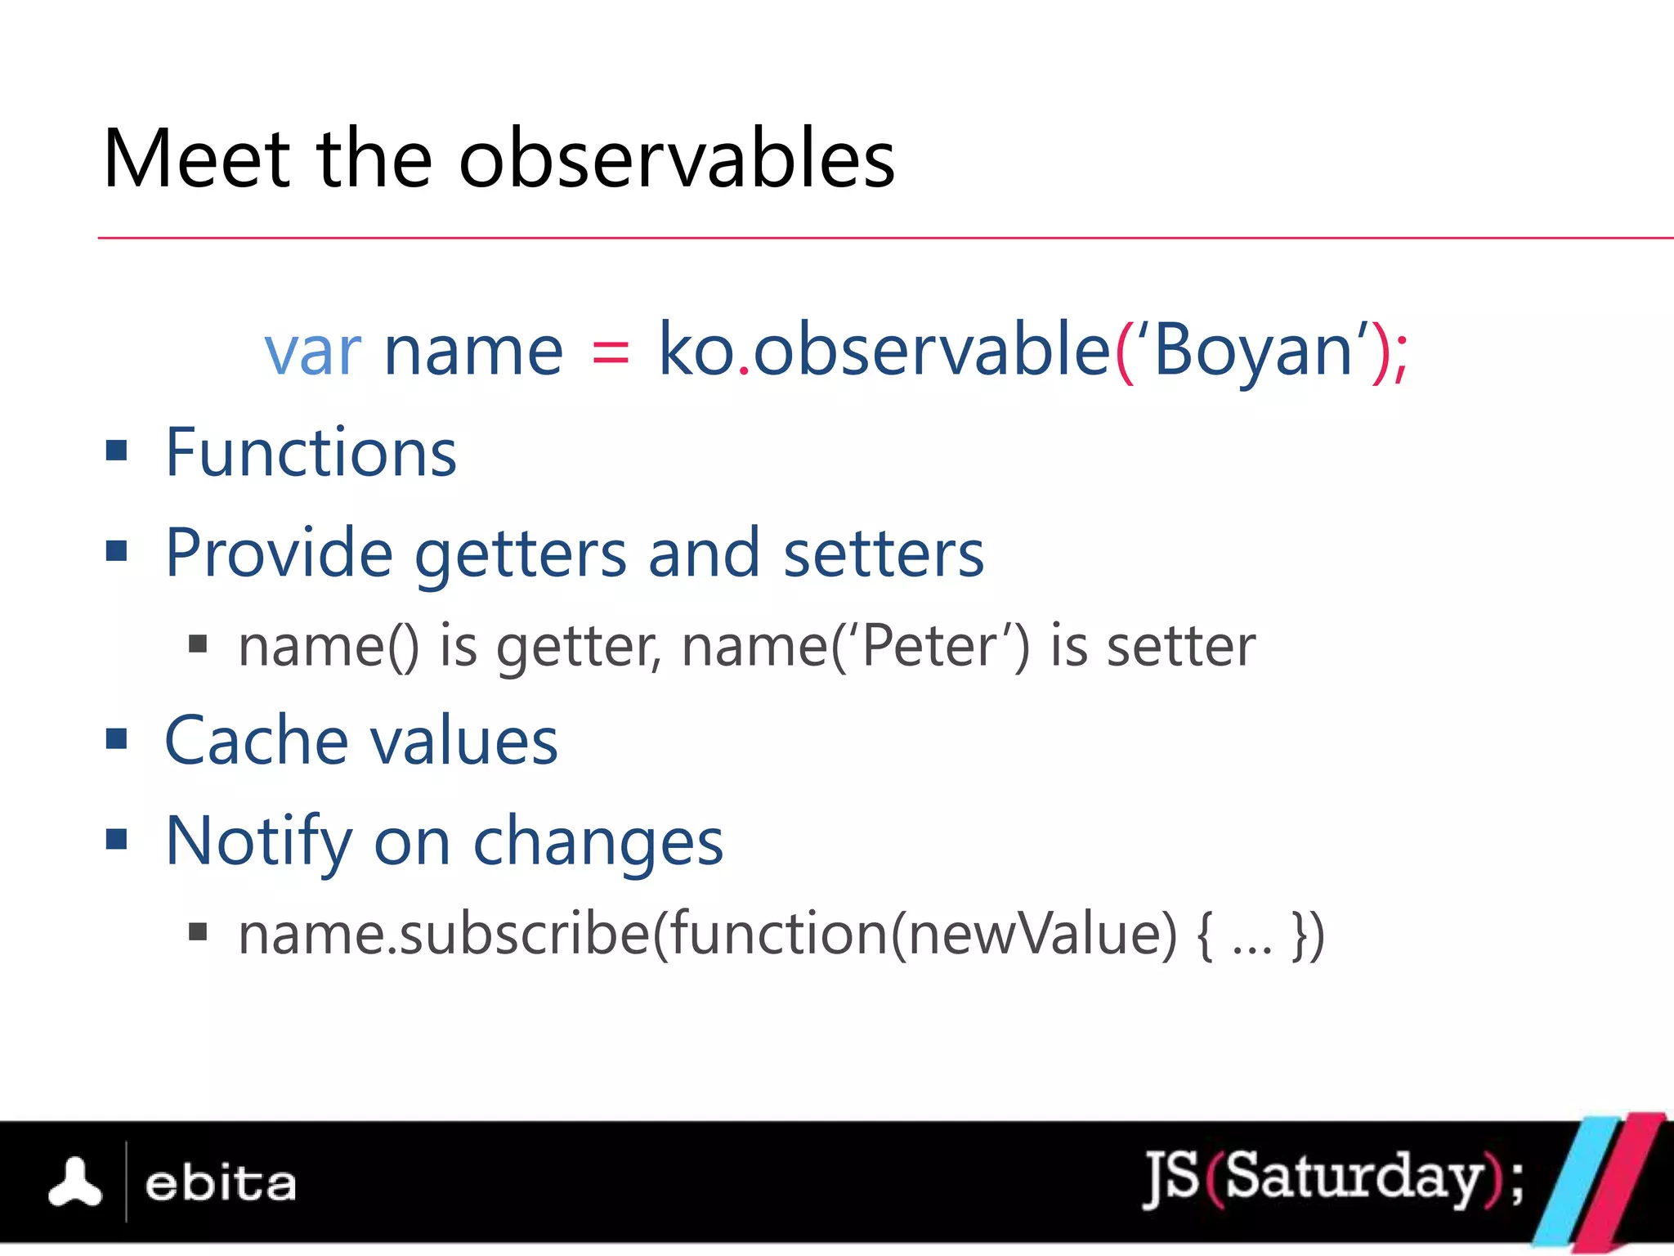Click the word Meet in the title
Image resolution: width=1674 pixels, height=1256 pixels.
[197, 159]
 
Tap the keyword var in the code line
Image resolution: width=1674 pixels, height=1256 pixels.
[312, 351]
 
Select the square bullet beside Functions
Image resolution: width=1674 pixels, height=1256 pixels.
[117, 451]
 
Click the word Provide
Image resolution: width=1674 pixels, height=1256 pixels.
[279, 553]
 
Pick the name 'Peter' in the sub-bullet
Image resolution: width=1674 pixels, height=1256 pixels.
[929, 646]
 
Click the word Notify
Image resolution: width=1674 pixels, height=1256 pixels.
[258, 842]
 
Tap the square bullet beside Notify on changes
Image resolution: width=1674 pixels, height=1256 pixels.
[117, 839]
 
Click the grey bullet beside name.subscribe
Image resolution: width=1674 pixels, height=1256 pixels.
[198, 931]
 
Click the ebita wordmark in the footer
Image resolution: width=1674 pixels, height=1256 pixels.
[220, 1184]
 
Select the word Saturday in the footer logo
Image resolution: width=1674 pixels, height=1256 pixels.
[1353, 1177]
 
